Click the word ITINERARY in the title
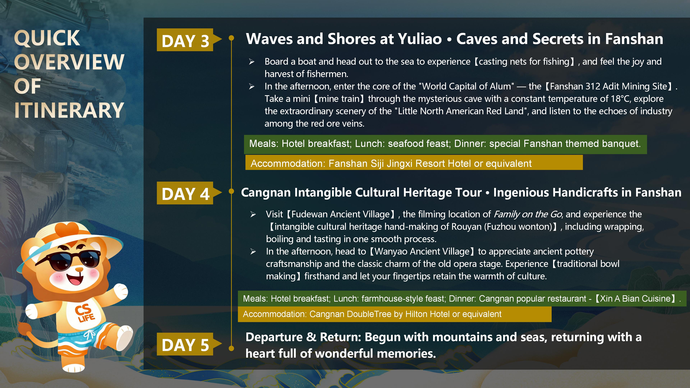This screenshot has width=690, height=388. coord(69,110)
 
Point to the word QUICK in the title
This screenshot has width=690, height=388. coord(47,38)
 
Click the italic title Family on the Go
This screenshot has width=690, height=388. coord(528,214)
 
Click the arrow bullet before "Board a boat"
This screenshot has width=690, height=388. coord(252,62)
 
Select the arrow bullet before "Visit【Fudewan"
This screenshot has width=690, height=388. coord(253,214)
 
